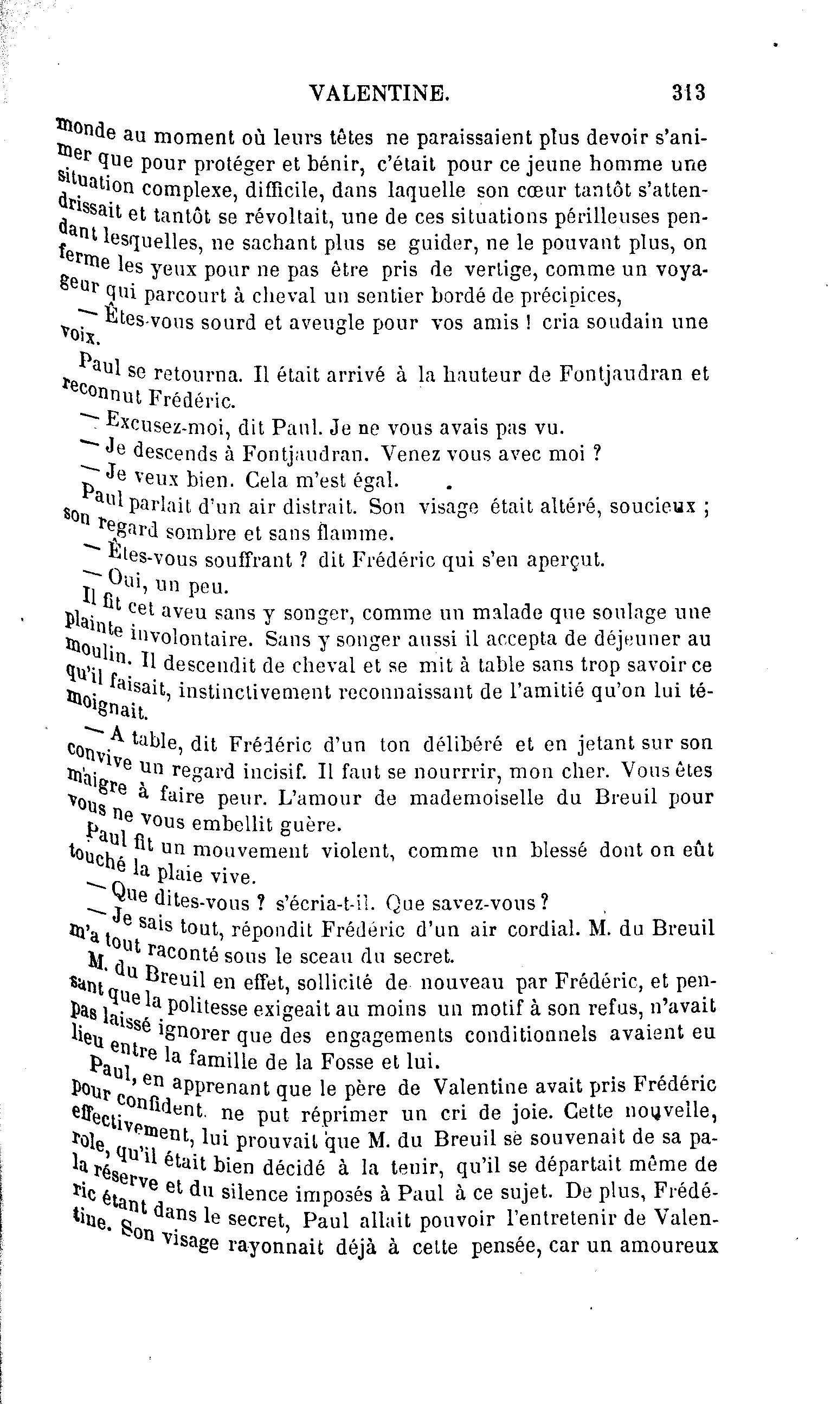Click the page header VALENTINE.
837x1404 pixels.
click(x=379, y=93)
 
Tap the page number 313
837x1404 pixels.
click(x=688, y=92)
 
